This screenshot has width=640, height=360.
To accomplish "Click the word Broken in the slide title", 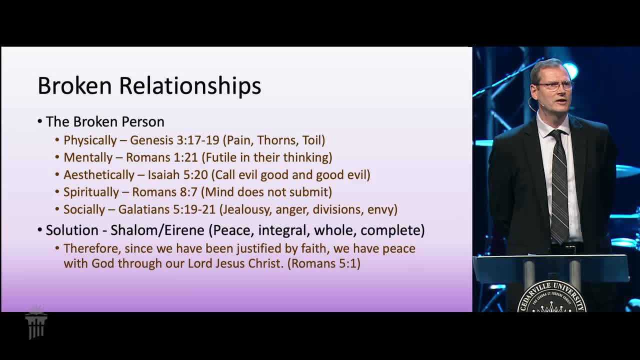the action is point(74,85).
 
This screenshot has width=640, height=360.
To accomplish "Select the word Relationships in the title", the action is point(190,86).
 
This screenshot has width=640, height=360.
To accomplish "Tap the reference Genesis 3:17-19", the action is point(174,140).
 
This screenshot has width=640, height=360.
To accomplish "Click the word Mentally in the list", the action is point(88,157).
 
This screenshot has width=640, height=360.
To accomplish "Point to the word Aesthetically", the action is point(99,175).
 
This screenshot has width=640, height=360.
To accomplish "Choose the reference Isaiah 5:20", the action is point(177,175).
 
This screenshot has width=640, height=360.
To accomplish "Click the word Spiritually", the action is point(91,192).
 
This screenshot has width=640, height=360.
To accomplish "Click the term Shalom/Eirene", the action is point(157,230).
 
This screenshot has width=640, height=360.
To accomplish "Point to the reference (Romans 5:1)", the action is point(323,263).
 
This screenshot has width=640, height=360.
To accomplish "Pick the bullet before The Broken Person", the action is point(39,121).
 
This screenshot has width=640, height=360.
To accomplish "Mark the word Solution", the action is point(72,230).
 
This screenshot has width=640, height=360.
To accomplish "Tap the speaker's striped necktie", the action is point(559,185).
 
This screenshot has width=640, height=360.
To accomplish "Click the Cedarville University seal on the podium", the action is point(551,297).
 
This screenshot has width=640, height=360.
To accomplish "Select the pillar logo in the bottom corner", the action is point(36,322).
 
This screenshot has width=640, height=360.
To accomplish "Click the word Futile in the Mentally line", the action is point(221,157).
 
